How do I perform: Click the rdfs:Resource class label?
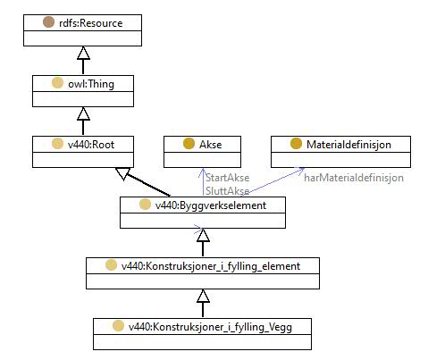[x=91, y=23]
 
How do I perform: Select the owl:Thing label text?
[x=91, y=84]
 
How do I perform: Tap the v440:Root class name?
[x=91, y=145]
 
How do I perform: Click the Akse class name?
[x=210, y=145]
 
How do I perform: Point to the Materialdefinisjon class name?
[x=348, y=145]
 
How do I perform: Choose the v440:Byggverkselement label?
[x=211, y=205]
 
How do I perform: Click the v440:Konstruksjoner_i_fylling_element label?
[x=211, y=266]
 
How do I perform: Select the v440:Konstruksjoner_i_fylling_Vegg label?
[x=210, y=327]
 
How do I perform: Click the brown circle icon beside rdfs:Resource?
[x=48, y=22]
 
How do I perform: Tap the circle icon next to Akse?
[x=189, y=144]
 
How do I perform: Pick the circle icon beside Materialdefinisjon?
[x=296, y=144]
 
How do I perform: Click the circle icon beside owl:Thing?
[x=57, y=83]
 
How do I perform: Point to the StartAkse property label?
[x=227, y=178]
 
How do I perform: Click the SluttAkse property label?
[x=227, y=191]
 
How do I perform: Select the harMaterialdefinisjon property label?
[x=354, y=178]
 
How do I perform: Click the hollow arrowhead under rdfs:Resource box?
[x=83, y=53]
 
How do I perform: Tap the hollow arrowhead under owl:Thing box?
[x=83, y=113]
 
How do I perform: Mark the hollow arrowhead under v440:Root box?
[x=122, y=173]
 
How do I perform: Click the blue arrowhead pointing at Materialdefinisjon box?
[x=300, y=171]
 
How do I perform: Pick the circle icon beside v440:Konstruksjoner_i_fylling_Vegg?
[x=118, y=326]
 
